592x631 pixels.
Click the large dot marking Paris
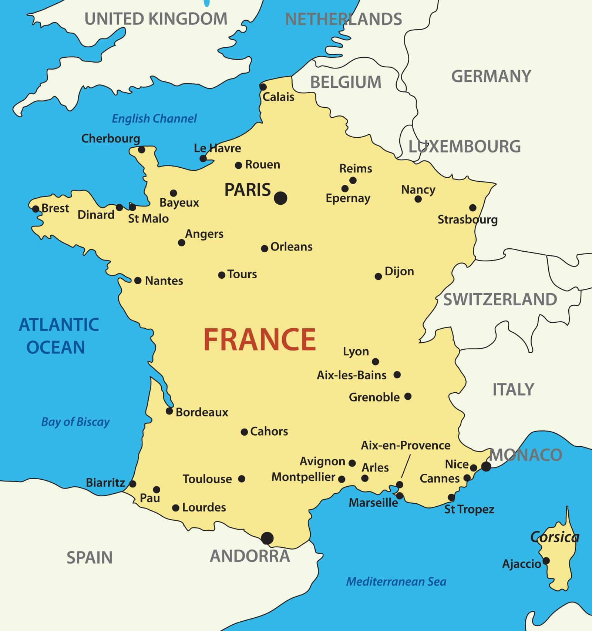tap(280, 198)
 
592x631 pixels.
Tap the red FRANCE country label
tap(259, 340)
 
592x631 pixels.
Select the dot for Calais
tap(263, 87)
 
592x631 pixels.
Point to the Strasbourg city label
tap(467, 219)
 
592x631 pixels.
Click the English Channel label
tap(154, 118)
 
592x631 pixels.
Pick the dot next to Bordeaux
tap(169, 411)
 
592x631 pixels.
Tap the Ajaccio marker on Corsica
tap(546, 561)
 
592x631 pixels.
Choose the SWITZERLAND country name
tap(500, 299)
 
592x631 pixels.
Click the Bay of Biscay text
tap(75, 422)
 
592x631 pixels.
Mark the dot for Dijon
tap(378, 276)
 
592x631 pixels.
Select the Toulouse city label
tap(207, 479)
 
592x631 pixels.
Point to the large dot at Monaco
tap(486, 466)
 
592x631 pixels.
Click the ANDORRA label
tap(250, 556)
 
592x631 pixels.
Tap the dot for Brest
tap(36, 209)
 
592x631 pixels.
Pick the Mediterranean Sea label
tap(396, 581)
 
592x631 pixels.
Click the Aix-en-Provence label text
tap(406, 445)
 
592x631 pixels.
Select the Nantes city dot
tap(138, 281)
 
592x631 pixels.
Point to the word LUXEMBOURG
tap(464, 147)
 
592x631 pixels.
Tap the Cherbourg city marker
tap(141, 150)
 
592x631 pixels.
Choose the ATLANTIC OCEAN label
tap(58, 336)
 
